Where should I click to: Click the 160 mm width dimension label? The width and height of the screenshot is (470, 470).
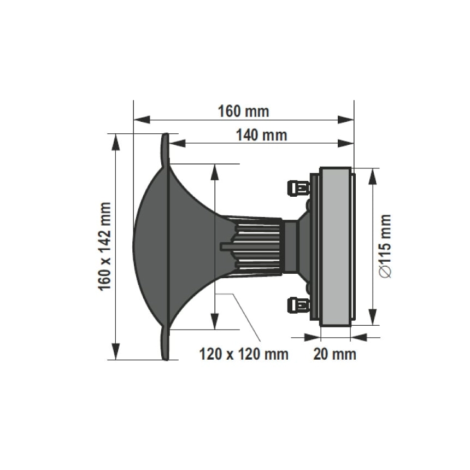pyautogui.click(x=244, y=111)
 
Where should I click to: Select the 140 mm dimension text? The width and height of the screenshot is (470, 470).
pyautogui.click(x=261, y=134)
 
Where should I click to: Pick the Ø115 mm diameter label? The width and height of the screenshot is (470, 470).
pyautogui.click(x=386, y=246)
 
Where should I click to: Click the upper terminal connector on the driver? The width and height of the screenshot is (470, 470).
pyautogui.click(x=298, y=189)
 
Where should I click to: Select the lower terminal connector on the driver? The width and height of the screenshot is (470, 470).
pyautogui.click(x=298, y=304)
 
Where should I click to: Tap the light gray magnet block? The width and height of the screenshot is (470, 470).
pyautogui.click(x=334, y=246)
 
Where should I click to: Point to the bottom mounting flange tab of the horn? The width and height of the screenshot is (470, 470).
pyautogui.click(x=166, y=344)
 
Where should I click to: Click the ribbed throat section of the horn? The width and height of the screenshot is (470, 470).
pyautogui.click(x=257, y=246)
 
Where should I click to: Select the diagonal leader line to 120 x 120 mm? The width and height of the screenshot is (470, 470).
pyautogui.click(x=246, y=317)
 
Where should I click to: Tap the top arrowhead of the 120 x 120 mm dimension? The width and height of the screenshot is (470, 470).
pyautogui.click(x=215, y=172)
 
